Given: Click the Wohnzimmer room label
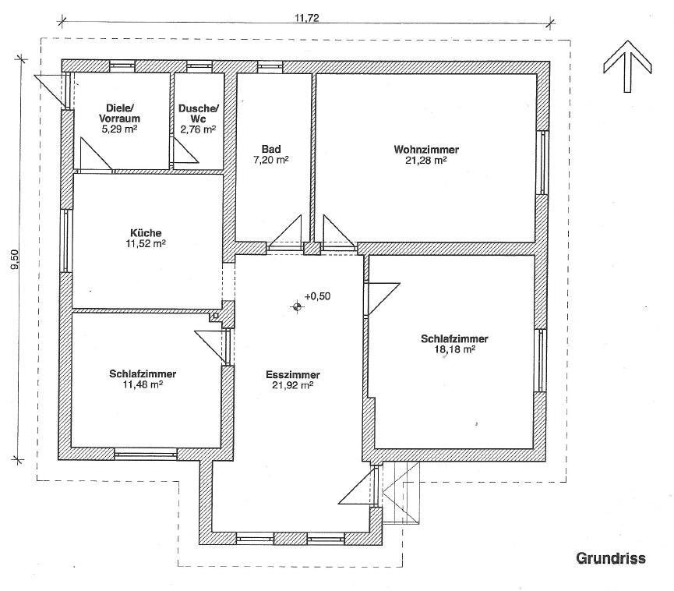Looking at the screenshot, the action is pos(426,150).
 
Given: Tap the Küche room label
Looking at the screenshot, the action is pos(146,233).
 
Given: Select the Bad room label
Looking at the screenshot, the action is pos(271,149).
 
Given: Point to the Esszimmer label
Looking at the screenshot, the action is pos(293,375).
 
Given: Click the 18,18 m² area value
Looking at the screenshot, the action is pos(454,349).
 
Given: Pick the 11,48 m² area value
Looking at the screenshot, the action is pos(143,384).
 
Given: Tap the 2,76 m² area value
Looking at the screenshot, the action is pos(198,129).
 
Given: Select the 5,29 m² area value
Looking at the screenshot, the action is pos(119,129).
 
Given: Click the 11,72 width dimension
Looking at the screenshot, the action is pos(307,18).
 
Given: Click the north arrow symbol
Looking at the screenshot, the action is pos(627,67).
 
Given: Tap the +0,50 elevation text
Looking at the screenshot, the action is pos(317,296).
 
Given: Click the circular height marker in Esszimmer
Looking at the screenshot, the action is pos(297,306).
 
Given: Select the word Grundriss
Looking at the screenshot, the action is pos(611,558).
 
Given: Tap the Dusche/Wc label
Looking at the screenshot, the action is pos(199,114).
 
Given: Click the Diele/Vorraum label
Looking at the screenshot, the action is pos(119,113).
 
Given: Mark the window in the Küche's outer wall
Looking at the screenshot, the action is pos(66,241).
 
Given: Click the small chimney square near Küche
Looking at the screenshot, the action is pos(215,317).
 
